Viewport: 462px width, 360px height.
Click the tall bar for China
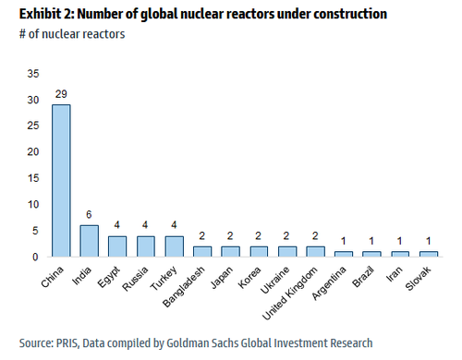[x=61, y=180]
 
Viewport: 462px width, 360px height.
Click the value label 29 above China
[x=61, y=95]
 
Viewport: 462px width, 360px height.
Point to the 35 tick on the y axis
[x=34, y=74]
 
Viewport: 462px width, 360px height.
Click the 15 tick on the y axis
[x=34, y=178]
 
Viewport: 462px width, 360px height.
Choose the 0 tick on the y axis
[x=37, y=256]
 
